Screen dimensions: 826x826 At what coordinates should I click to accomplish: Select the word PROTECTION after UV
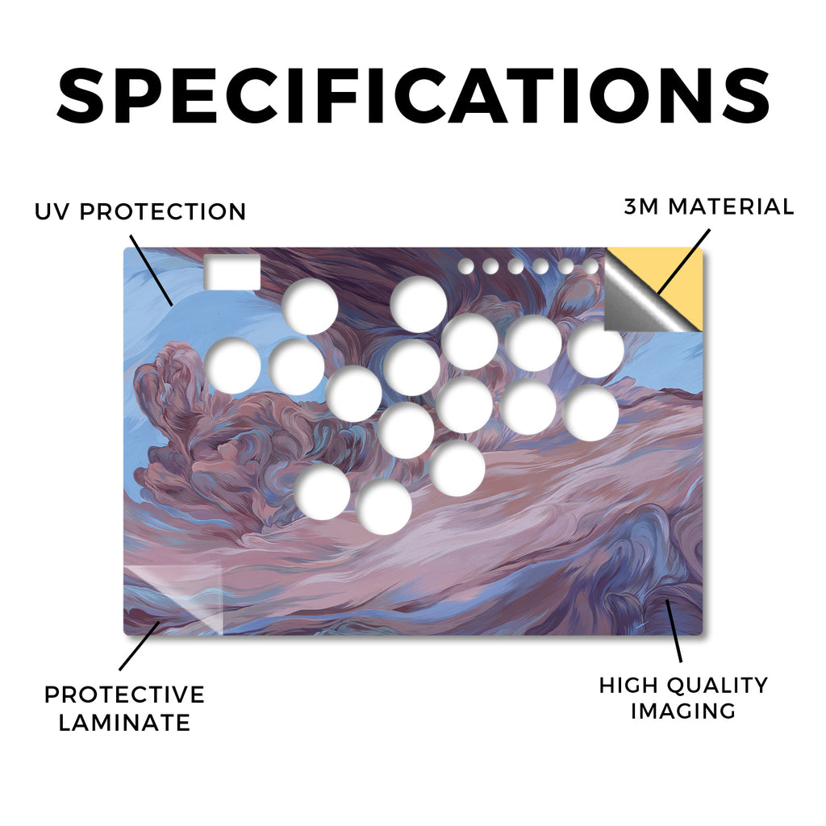click(163, 212)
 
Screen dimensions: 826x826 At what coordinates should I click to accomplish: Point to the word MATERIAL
click(731, 206)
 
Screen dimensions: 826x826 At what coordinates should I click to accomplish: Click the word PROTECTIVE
click(124, 695)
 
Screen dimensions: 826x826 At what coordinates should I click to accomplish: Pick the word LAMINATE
click(124, 722)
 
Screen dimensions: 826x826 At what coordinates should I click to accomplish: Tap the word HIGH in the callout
click(629, 686)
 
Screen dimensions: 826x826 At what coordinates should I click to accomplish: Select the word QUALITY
click(717, 686)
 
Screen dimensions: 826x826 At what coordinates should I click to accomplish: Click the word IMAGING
click(683, 711)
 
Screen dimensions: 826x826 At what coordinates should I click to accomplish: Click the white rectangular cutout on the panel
click(232, 272)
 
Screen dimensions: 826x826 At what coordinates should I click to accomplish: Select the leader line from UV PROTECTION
click(151, 270)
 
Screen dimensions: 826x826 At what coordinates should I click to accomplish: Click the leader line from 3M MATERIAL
click(684, 262)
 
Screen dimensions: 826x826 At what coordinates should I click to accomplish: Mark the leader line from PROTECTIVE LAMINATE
click(140, 646)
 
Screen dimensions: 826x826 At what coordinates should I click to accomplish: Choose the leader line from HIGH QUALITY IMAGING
click(674, 630)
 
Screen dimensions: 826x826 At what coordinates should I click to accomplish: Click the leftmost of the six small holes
click(465, 266)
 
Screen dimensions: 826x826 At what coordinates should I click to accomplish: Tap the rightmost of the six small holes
click(590, 266)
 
